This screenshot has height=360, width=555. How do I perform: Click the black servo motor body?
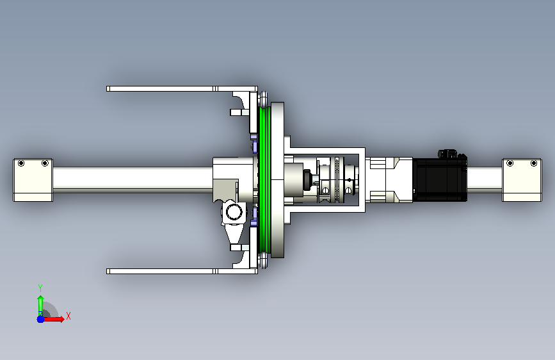[x=440, y=179]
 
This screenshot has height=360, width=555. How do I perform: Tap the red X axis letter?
[x=68, y=316]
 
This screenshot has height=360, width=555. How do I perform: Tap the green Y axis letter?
[x=40, y=288]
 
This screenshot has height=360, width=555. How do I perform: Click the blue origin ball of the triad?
[x=41, y=319]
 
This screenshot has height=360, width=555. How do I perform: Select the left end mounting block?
[x=33, y=180]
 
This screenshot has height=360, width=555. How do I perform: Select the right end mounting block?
[x=522, y=180]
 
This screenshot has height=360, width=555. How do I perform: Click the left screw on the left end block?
[x=21, y=163]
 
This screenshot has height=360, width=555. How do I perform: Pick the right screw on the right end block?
[x=534, y=163]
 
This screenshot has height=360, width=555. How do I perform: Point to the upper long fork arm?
[x=182, y=88]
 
